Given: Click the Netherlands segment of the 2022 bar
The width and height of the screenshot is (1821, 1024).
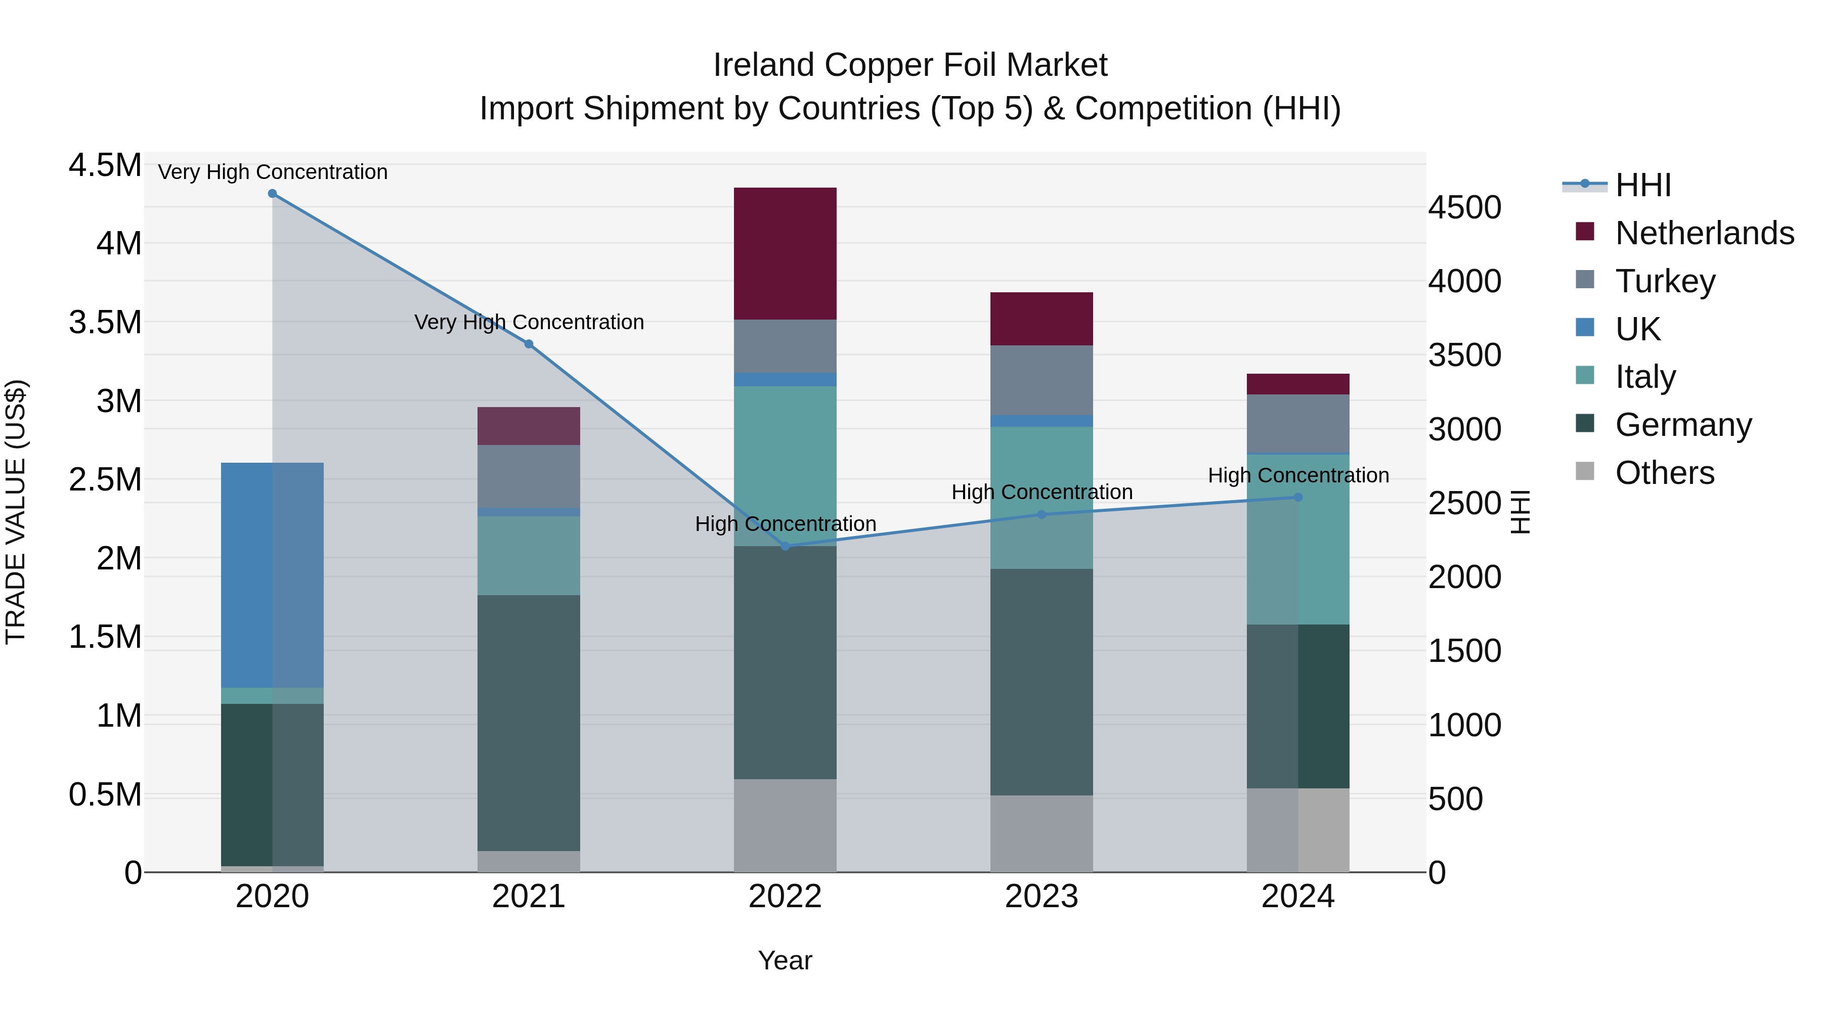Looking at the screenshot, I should click(x=785, y=253).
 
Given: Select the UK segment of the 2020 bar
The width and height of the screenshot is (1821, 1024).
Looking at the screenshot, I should click(x=272, y=574).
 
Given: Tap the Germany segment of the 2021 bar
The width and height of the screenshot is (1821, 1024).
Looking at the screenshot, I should click(x=529, y=722).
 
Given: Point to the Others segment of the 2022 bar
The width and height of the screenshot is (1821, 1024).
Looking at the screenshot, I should click(x=785, y=825).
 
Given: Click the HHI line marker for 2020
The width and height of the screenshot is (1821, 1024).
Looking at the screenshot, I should click(x=272, y=194).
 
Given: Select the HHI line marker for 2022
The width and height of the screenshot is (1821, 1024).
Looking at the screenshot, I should click(x=785, y=546).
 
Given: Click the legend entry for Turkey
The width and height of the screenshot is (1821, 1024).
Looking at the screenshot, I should click(x=1665, y=281).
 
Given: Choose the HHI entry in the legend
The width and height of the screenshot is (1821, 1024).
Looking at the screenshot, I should click(x=1642, y=185).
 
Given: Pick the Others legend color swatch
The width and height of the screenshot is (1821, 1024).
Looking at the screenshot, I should click(x=1585, y=471).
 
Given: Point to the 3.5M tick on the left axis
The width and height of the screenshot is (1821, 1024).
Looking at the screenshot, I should click(x=105, y=322).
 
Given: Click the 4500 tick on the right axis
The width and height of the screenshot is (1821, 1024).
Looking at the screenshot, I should click(x=1464, y=208).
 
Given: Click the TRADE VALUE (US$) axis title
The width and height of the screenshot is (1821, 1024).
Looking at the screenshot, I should click(x=16, y=512).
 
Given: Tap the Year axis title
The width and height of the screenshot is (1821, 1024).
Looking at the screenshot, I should click(x=785, y=960).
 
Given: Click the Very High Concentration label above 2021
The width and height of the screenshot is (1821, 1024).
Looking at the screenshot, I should click(x=529, y=322).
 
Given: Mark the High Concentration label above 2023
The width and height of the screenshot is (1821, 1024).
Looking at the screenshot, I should click(x=1042, y=492).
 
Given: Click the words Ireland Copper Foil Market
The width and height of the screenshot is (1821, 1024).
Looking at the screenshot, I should click(x=910, y=65).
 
